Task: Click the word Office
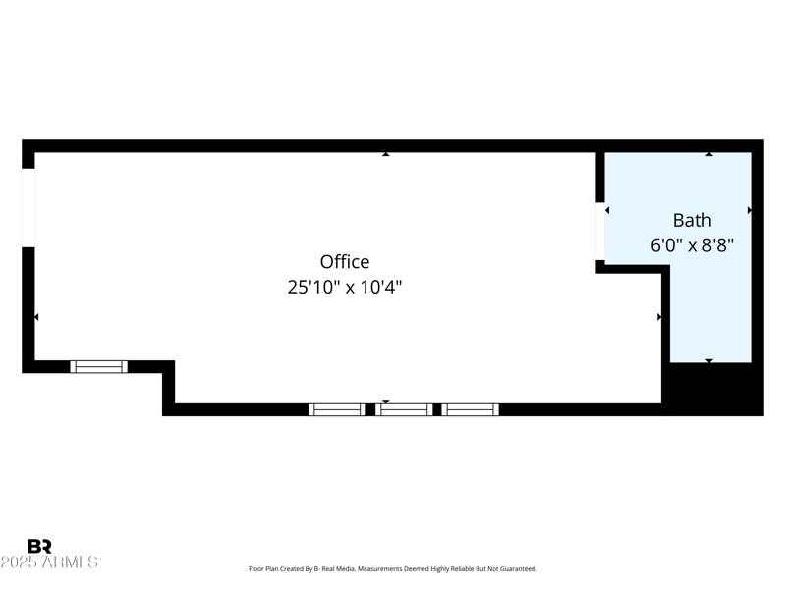point(345,262)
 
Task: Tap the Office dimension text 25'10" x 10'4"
point(345,288)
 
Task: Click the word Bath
point(692,220)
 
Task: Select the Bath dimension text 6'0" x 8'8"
point(692,245)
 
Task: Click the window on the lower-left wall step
point(99,366)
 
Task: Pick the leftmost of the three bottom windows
point(336,409)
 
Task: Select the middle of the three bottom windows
point(404,409)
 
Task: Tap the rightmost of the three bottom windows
point(470,409)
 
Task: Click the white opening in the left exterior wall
point(28,207)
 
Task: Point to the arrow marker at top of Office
point(386,154)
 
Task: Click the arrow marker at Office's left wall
point(37,317)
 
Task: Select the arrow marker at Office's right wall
point(659,317)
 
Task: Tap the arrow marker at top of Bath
point(709,154)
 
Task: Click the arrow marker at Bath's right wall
point(750,210)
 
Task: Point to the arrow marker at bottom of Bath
point(709,361)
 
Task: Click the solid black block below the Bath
point(715,389)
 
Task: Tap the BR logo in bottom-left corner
point(39,547)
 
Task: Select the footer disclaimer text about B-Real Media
point(393,569)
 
